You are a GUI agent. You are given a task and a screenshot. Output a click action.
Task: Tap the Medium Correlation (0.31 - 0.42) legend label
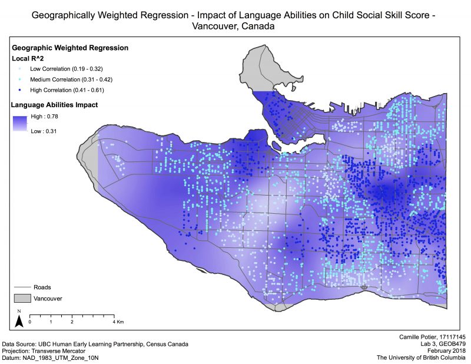click(x=71, y=80)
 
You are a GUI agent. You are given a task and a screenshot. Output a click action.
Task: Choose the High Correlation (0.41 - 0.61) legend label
click(x=67, y=90)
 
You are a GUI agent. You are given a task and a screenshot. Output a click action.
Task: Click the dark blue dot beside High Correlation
click(x=20, y=90)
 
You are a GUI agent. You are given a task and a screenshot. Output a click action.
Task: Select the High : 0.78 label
click(x=44, y=117)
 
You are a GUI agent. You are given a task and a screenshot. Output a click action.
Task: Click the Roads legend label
click(x=42, y=287)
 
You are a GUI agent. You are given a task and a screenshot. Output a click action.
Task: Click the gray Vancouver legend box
click(x=21, y=299)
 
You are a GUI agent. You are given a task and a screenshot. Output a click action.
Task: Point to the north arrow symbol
click(x=19, y=320)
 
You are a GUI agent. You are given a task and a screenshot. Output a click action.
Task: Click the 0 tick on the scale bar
click(x=29, y=323)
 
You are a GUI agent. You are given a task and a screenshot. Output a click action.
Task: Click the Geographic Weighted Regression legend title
click(x=70, y=48)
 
